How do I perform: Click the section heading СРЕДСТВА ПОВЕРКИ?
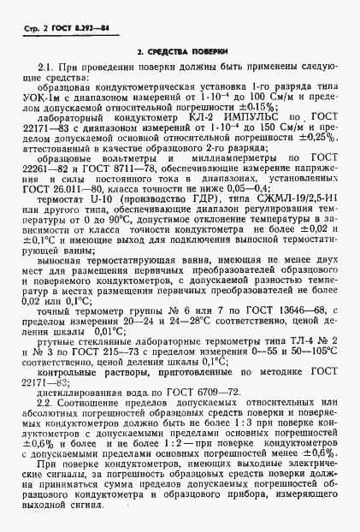(x=180, y=54)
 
